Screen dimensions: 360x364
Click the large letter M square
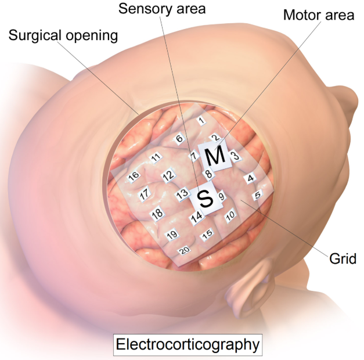214,156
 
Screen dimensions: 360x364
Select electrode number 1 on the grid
201,121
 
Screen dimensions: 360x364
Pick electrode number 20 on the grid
185,251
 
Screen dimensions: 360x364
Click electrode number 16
134,176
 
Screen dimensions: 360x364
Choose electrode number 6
179,138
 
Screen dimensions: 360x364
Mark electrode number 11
155,157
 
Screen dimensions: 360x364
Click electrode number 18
157,214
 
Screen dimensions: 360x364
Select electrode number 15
207,235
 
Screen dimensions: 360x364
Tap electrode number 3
235,156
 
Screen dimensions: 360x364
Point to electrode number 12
168,175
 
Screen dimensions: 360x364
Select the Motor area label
318,15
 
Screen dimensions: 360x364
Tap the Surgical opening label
63,35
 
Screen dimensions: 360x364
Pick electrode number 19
171,235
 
